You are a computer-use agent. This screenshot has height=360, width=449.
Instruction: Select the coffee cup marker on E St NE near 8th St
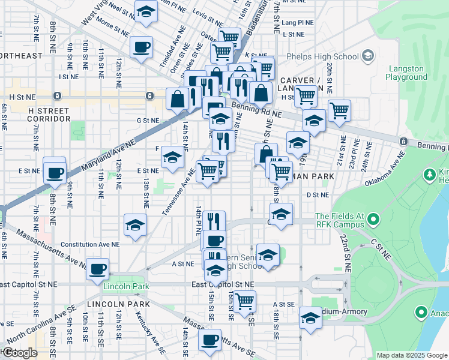pos(55,173)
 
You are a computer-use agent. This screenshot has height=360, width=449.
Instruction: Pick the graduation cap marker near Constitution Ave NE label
pos(135,226)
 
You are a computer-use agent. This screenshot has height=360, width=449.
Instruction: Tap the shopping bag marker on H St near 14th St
pos(178,98)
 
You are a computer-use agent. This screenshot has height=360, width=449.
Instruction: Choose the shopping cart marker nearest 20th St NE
pos(339,110)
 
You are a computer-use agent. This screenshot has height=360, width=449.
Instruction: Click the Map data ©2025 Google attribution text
pos(412,355)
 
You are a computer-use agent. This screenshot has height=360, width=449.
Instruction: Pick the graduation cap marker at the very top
pos(145,11)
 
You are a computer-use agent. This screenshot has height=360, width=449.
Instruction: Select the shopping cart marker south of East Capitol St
pos(244,301)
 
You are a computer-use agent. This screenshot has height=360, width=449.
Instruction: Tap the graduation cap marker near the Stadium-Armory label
pos(310,318)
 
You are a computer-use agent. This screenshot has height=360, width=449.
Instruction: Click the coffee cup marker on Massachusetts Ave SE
pos(209,340)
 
